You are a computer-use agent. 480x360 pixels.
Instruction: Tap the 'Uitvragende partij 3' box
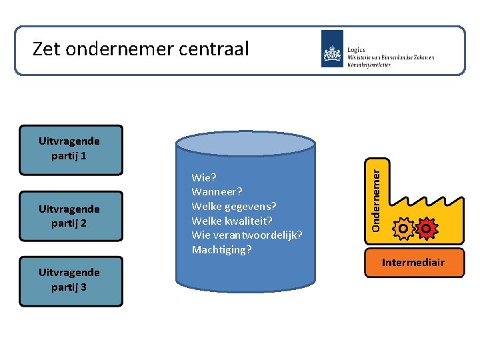[71, 281]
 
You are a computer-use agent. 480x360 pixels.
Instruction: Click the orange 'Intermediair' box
[413, 263]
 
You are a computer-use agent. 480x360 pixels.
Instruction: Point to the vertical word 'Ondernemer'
[377, 200]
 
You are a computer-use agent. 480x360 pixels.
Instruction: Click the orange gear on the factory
[403, 229]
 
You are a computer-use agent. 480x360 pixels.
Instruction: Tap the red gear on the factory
[426, 229]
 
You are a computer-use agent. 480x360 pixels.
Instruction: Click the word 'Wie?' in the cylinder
[203, 178]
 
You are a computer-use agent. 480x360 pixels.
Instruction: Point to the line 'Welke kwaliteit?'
[232, 221]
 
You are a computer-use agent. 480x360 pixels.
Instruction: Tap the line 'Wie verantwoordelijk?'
[247, 235]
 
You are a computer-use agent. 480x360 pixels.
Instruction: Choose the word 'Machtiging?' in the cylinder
[221, 250]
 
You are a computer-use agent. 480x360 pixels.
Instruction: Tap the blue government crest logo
[332, 49]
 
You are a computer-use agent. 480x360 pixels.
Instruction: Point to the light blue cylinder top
[245, 143]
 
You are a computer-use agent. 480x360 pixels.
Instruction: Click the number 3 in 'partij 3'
[87, 287]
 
